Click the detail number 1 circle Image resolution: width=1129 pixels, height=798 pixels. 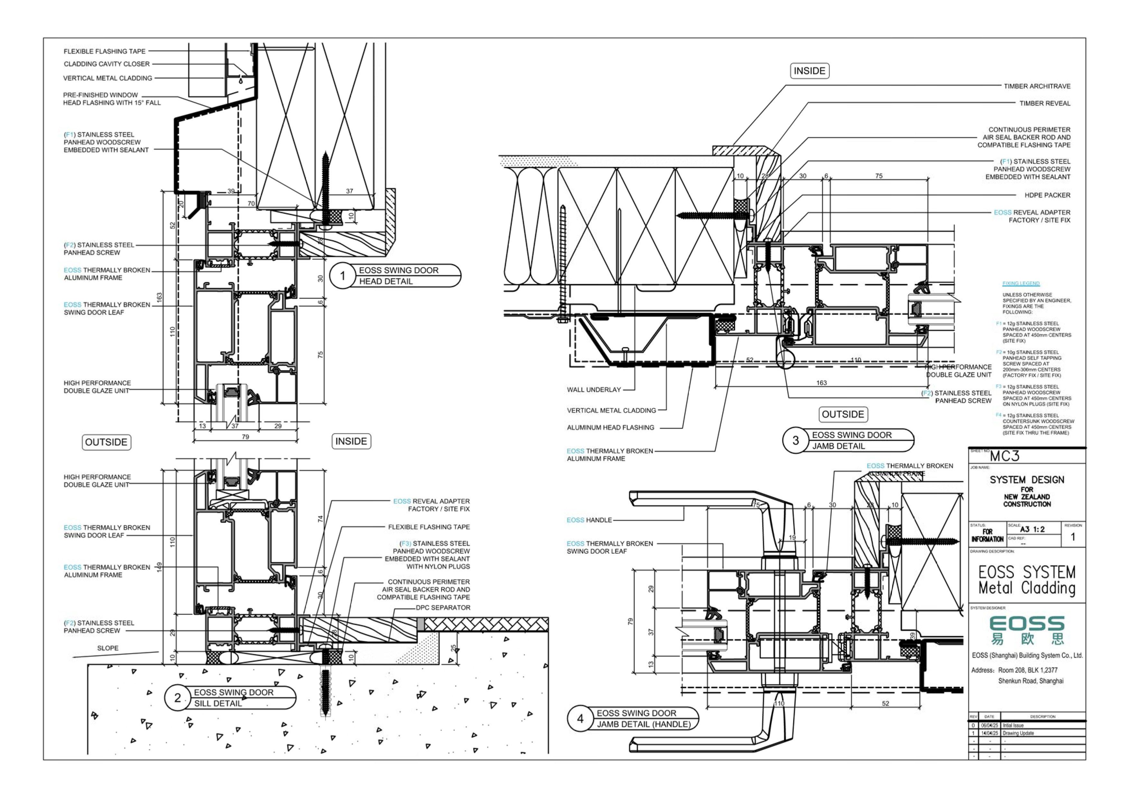pyautogui.click(x=343, y=276)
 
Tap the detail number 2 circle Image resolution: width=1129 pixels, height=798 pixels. pyautogui.click(x=178, y=698)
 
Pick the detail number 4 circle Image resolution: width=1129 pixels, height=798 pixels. pyautogui.click(x=580, y=718)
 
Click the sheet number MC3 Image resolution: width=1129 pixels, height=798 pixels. pyautogui.click(x=1004, y=456)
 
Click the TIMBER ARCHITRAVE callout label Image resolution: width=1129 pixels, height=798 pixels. pyautogui.click(x=1037, y=86)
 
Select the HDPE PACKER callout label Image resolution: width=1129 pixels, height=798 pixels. pyautogui.click(x=1047, y=195)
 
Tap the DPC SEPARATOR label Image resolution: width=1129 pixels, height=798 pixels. pyautogui.click(x=442, y=608)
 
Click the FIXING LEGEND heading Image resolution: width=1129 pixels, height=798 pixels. pyautogui.click(x=1021, y=284)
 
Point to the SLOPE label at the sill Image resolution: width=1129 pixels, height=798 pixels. pyautogui.click(x=108, y=648)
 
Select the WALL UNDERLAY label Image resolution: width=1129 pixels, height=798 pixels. pyautogui.click(x=594, y=390)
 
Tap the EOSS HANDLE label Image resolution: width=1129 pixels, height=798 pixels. pyautogui.click(x=589, y=520)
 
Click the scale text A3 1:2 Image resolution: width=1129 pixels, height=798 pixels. pyautogui.click(x=1032, y=529)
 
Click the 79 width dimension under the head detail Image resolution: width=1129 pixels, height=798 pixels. pyautogui.click(x=245, y=436)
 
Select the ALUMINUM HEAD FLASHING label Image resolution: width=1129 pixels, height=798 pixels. pyautogui.click(x=610, y=428)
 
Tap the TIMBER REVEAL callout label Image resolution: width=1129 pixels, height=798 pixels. pyautogui.click(x=1044, y=103)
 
